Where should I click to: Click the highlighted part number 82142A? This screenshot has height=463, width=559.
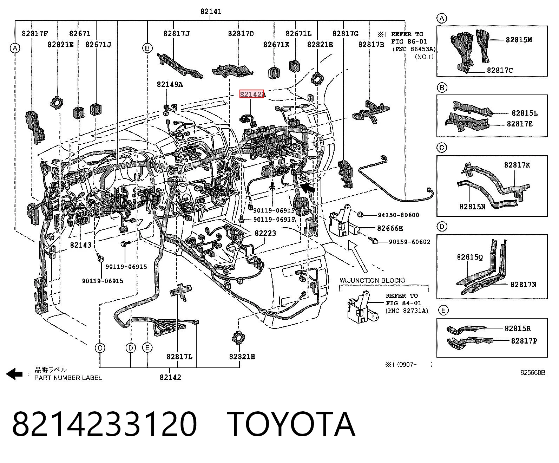tap(252, 94)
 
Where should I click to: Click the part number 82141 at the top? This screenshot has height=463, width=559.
tap(211, 12)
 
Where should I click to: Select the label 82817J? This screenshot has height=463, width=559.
tap(176, 33)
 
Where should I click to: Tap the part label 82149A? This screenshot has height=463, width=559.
tap(170, 84)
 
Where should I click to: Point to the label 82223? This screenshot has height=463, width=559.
tap(265, 233)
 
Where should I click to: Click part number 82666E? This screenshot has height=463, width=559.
tap(390, 228)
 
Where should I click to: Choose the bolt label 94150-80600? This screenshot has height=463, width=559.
tap(399, 215)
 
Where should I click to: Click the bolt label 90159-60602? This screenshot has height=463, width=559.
tap(409, 242)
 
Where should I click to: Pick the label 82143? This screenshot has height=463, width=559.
tap(81, 245)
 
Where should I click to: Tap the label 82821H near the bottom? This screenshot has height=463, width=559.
tap(242, 357)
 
